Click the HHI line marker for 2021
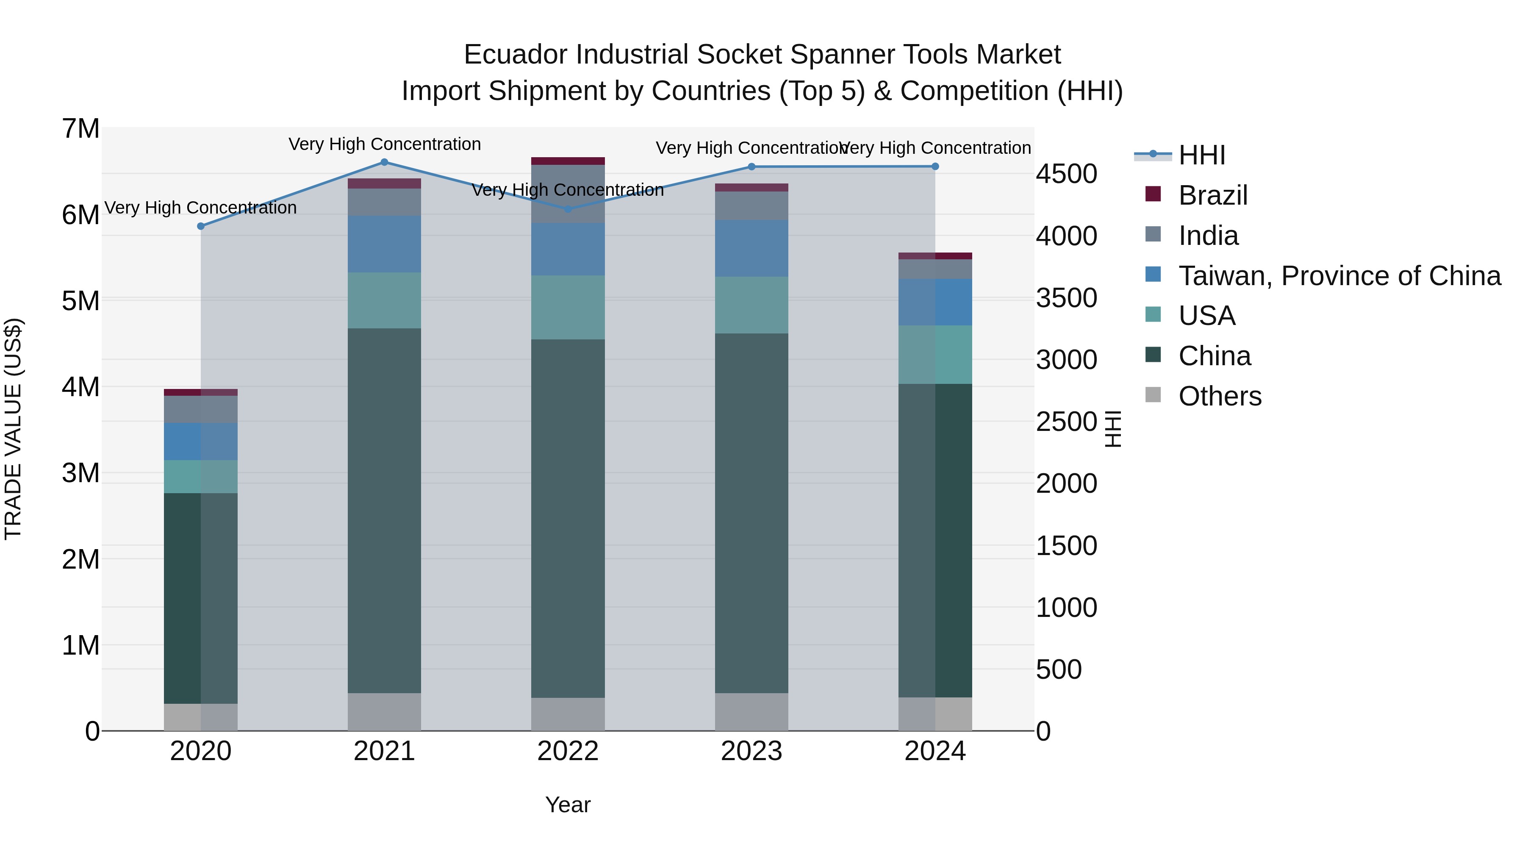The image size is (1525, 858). pyautogui.click(x=384, y=162)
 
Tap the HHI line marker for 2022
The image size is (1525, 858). pyautogui.click(x=568, y=209)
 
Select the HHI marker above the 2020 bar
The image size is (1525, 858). pyautogui.click(x=201, y=226)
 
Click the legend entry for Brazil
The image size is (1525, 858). pyautogui.click(x=1212, y=195)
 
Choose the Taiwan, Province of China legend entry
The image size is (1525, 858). pyautogui.click(x=1339, y=276)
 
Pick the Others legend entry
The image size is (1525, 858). pyautogui.click(x=1220, y=396)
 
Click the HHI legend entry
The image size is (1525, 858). pyautogui.click(x=1202, y=155)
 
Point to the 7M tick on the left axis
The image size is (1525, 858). pyautogui.click(x=80, y=129)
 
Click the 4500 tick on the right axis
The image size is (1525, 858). pyautogui.click(x=1066, y=174)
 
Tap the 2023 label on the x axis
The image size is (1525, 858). pyautogui.click(x=751, y=751)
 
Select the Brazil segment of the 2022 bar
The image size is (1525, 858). pyautogui.click(x=568, y=161)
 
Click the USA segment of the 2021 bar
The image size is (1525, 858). pyautogui.click(x=384, y=301)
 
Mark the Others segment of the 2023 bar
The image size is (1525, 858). pyautogui.click(x=751, y=712)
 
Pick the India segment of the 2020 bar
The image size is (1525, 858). pyautogui.click(x=201, y=409)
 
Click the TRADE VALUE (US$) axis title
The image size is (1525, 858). pyautogui.click(x=13, y=429)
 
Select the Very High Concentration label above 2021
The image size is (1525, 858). pyautogui.click(x=384, y=144)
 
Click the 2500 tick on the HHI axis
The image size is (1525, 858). pyautogui.click(x=1066, y=422)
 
